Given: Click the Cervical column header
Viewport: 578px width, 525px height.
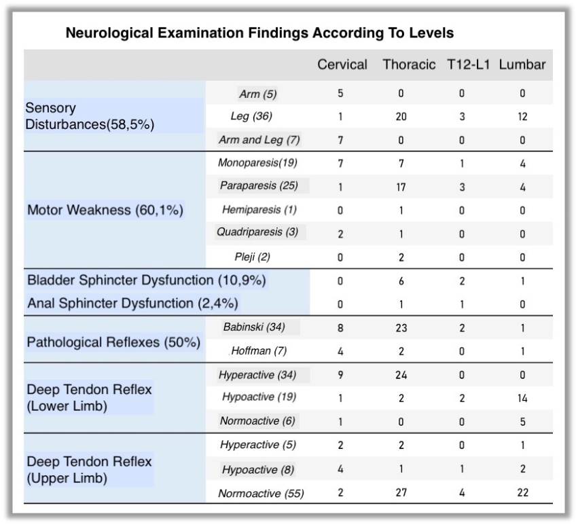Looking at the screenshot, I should [x=342, y=65].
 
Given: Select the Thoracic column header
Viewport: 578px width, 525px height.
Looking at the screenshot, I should [x=409, y=65].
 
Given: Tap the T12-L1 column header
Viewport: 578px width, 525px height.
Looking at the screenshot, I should [x=469, y=65].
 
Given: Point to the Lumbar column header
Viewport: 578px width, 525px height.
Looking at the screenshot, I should [x=522, y=65].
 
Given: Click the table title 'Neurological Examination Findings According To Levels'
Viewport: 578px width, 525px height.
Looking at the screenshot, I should [x=259, y=33].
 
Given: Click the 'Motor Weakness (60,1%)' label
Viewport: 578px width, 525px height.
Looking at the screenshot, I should [x=105, y=210].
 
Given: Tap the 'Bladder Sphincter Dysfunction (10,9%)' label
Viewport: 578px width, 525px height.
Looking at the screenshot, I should [x=146, y=280].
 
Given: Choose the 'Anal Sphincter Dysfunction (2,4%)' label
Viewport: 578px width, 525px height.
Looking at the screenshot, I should [x=132, y=303].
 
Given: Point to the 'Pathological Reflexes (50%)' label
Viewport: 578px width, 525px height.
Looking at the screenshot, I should [x=113, y=342].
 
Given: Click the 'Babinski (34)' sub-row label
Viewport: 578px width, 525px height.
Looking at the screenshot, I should [x=254, y=327].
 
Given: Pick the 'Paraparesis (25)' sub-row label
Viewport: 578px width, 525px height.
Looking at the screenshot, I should [x=258, y=185].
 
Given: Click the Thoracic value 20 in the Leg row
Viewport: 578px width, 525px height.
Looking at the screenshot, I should [x=401, y=117].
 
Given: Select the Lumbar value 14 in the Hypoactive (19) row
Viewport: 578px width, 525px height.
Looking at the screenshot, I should [x=522, y=397].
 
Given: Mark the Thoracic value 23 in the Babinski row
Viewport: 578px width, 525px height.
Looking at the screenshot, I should [x=401, y=327].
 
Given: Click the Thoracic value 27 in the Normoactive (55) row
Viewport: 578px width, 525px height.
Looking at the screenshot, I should [x=401, y=492].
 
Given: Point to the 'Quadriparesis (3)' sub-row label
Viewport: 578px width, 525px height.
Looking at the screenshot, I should [x=257, y=232].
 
